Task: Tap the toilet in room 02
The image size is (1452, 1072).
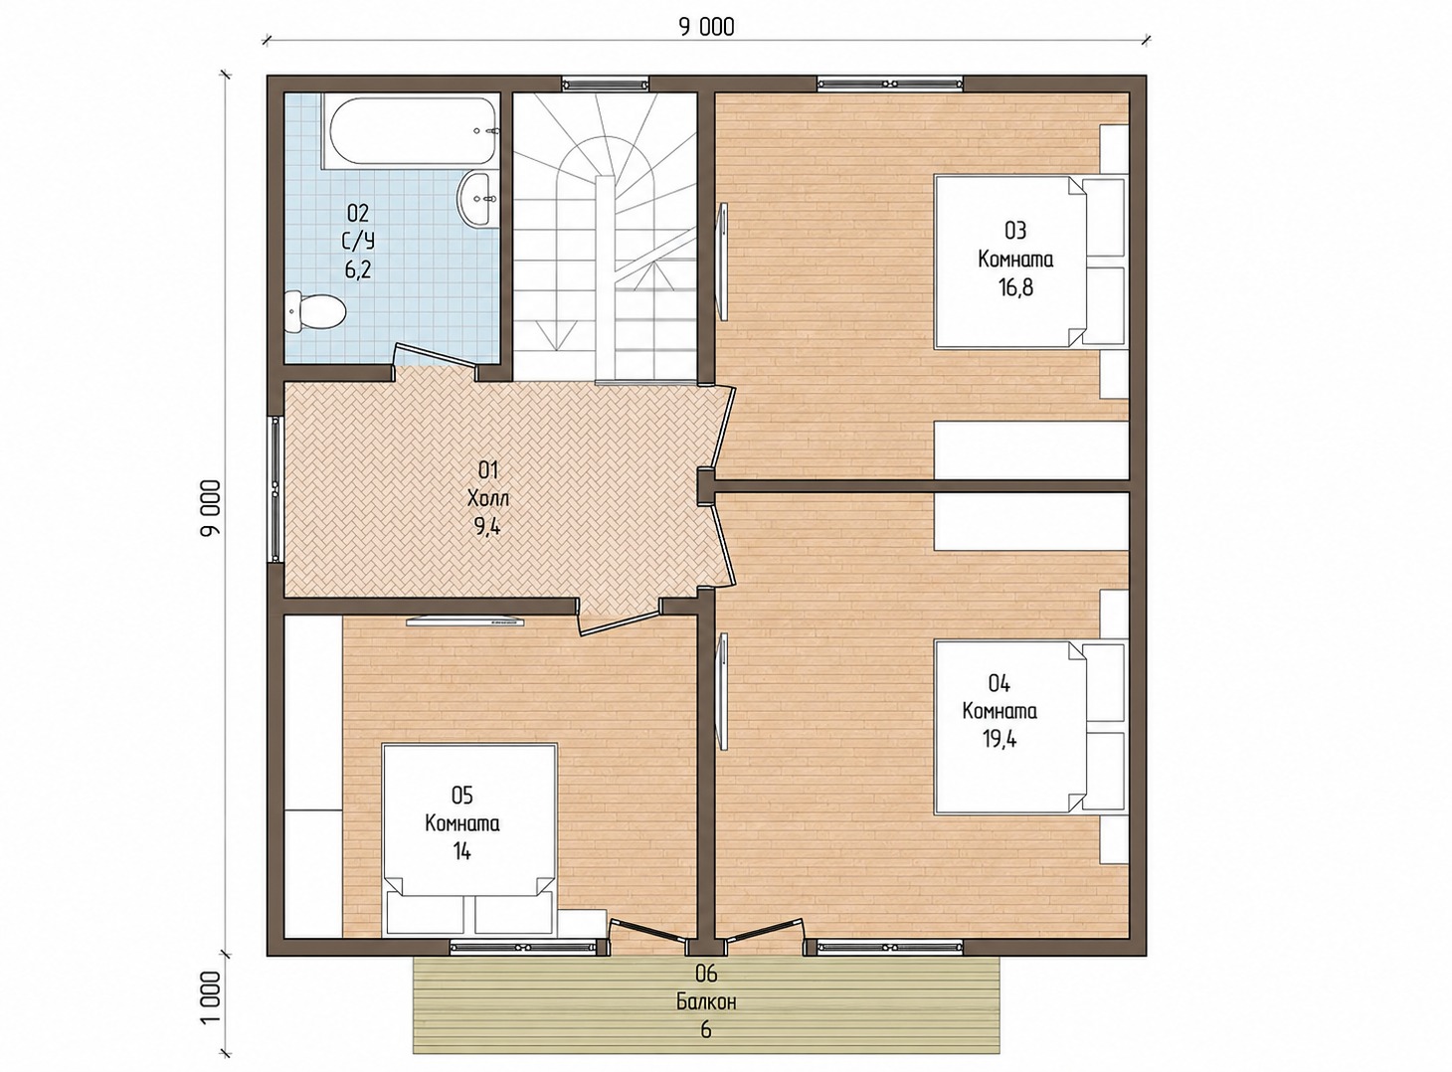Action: pos(315,312)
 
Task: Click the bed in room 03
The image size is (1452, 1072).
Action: pos(1029,262)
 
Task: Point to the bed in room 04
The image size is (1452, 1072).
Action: pos(1029,727)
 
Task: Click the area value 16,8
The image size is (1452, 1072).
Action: pos(1015,287)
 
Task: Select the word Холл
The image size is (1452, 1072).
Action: pos(488,498)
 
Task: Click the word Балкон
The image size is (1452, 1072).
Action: pos(706,1002)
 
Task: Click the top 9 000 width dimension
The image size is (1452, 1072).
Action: pos(706,27)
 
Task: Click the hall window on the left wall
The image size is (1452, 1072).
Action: pos(275,489)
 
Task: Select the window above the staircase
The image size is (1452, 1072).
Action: pos(606,84)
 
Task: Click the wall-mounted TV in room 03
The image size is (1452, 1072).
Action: pos(723,262)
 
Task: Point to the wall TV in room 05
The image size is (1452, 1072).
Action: pos(465,621)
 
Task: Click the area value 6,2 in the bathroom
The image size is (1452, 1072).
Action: pos(358,269)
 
